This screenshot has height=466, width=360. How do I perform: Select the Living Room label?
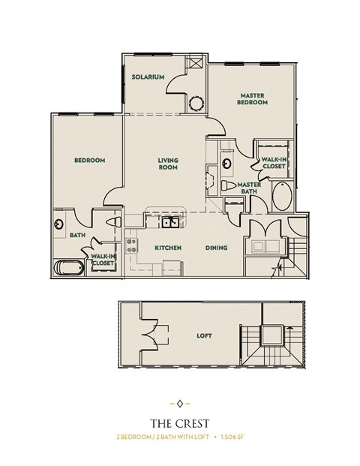point(166,163)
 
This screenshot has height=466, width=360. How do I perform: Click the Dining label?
point(216,248)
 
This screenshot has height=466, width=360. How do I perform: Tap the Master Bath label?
point(249,188)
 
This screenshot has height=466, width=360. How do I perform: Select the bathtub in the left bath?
point(67,267)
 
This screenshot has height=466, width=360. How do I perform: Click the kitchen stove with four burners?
point(131,245)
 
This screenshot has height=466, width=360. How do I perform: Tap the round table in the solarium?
point(196,102)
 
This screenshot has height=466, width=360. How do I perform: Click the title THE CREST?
point(179,423)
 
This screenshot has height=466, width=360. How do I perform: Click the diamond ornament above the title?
point(179,403)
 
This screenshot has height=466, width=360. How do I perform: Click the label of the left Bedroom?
point(89,160)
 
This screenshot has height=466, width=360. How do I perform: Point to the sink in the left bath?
point(58,223)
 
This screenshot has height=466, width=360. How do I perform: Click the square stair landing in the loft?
point(271,337)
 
